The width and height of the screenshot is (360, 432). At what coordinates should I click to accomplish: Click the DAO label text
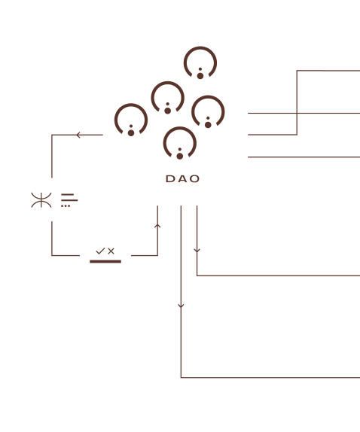tap(182, 179)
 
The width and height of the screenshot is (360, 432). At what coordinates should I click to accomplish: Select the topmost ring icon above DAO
tap(200, 47)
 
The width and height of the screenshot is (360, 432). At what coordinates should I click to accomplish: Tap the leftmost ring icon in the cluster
tap(131, 105)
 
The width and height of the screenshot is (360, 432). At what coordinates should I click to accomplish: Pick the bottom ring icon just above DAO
tap(180, 128)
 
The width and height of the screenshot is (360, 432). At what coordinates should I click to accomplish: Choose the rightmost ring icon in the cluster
tap(208, 96)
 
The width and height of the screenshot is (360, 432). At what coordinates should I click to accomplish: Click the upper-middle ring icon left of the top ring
tap(167, 82)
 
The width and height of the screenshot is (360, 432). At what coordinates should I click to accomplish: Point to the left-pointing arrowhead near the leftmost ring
tap(78, 135)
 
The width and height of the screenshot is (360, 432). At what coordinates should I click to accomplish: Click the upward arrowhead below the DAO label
tap(157, 226)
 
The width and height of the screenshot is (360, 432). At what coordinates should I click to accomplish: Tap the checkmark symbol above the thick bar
tap(100, 251)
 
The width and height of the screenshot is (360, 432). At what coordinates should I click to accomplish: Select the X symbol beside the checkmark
tap(111, 251)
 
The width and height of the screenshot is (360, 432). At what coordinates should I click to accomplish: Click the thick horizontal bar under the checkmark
tap(105, 261)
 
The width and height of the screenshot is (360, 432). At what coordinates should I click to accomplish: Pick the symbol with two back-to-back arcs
tap(41, 200)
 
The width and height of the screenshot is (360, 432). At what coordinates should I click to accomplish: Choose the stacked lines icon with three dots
tap(69, 200)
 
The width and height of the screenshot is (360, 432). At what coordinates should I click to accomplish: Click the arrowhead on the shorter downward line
tap(197, 251)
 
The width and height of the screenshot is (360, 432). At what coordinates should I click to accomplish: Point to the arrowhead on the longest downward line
tap(181, 306)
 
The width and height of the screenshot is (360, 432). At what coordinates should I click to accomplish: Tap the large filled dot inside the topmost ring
tap(200, 76)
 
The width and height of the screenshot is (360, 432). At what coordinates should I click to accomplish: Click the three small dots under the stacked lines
tap(66, 205)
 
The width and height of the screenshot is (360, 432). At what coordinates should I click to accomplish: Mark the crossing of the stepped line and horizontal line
tap(297, 113)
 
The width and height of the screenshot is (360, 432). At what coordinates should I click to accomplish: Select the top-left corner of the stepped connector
tap(297, 71)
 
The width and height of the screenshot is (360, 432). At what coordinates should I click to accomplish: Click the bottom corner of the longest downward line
tap(181, 378)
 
